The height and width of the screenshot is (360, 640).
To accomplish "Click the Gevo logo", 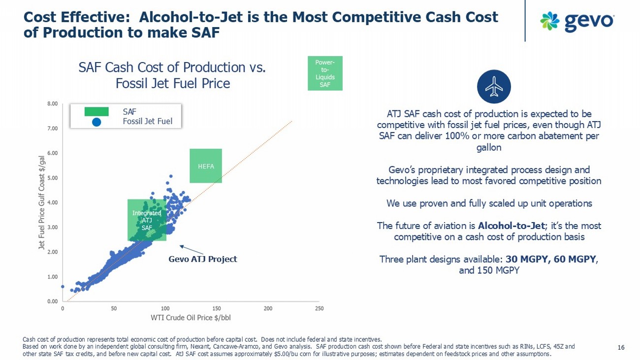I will [x=576, y=21].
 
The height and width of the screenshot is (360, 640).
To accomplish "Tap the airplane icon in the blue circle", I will [x=494, y=87].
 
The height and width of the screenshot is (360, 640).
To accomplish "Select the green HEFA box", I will [x=206, y=166].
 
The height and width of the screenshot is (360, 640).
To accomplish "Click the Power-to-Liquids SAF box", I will [x=325, y=73].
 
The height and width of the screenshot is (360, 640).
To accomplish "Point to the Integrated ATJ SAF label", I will [x=147, y=220].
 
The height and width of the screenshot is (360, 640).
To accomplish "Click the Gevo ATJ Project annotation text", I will [x=203, y=259].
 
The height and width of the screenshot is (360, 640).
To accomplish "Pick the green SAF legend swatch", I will [x=96, y=112].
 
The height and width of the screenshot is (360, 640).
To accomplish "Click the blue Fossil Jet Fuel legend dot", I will [x=96, y=122].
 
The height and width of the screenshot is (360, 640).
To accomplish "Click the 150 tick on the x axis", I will [x=217, y=308].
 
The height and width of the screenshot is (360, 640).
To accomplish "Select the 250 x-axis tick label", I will [x=319, y=308].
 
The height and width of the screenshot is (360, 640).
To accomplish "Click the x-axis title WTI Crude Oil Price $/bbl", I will [x=191, y=318].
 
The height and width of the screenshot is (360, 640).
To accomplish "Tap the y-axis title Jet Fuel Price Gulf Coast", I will [x=42, y=202].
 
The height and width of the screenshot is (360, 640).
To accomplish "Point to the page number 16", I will [x=621, y=348].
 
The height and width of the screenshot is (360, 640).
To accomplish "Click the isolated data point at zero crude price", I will [x=63, y=286].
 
